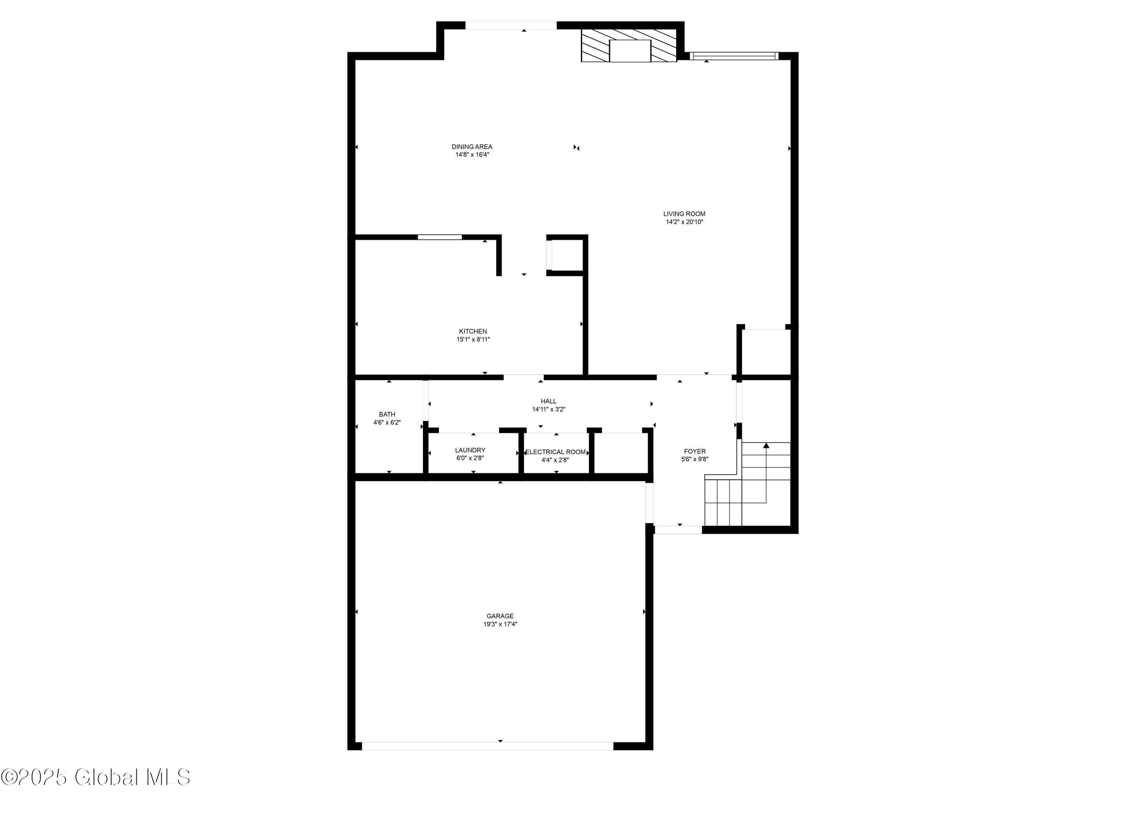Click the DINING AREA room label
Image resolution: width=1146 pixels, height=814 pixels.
[x=472, y=147]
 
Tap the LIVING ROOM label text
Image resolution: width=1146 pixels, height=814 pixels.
[x=684, y=214]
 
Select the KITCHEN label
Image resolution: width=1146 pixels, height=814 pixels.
[x=473, y=331]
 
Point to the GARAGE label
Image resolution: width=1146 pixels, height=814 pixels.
[x=500, y=616]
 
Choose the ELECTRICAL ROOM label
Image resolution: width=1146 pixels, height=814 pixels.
[x=555, y=452]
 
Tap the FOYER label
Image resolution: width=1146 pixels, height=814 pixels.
[x=695, y=451]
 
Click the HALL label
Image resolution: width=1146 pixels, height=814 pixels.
[x=549, y=401]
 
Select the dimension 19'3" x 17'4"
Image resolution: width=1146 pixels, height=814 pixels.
[x=500, y=624]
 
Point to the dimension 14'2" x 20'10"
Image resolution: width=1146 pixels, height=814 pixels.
[x=684, y=222]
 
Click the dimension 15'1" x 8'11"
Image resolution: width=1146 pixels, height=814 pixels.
[x=473, y=339]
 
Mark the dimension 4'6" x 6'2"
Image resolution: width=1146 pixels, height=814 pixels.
[x=387, y=423]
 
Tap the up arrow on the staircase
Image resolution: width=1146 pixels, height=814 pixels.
[x=766, y=446]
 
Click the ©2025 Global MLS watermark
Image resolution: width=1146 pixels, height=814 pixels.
[x=95, y=777]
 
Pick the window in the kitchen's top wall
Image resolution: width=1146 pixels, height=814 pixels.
[x=440, y=237]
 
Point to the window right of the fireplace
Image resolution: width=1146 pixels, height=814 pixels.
[x=734, y=56]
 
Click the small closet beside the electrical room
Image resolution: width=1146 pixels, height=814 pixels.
[x=621, y=453]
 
